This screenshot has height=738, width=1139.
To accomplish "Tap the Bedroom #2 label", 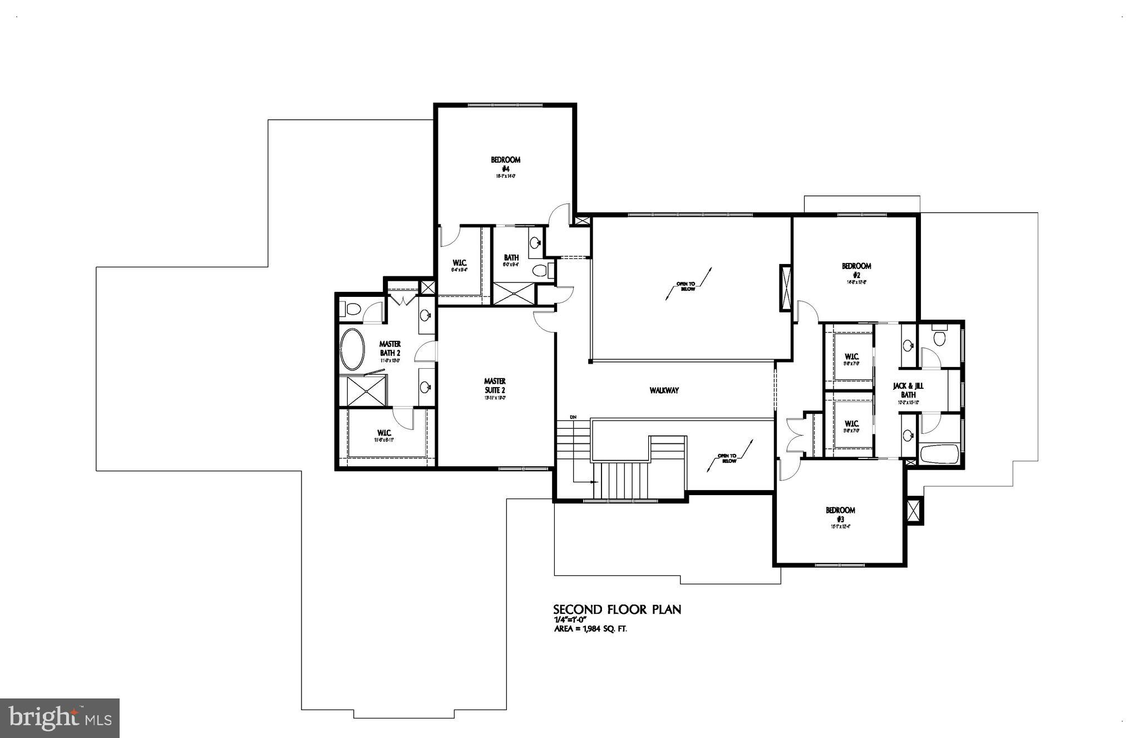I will pyautogui.click(x=856, y=270).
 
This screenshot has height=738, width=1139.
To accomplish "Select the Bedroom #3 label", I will pyautogui.click(x=840, y=514).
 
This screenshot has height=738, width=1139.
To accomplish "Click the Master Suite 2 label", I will pyautogui.click(x=495, y=385).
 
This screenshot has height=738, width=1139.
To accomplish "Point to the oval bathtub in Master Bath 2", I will pyautogui.click(x=352, y=350).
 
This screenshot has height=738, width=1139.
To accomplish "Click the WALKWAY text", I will pyautogui.click(x=664, y=390).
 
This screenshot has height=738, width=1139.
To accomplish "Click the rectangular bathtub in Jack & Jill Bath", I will pyautogui.click(x=939, y=454).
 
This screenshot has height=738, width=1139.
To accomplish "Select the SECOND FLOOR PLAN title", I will pyautogui.click(x=617, y=609).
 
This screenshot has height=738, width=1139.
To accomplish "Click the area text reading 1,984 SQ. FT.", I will pyautogui.click(x=594, y=629).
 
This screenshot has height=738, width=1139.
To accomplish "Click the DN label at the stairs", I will pyautogui.click(x=573, y=417).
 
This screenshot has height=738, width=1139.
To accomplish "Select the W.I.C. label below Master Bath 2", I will pyautogui.click(x=384, y=433).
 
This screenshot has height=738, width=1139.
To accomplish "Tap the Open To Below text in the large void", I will pyautogui.click(x=686, y=286).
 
